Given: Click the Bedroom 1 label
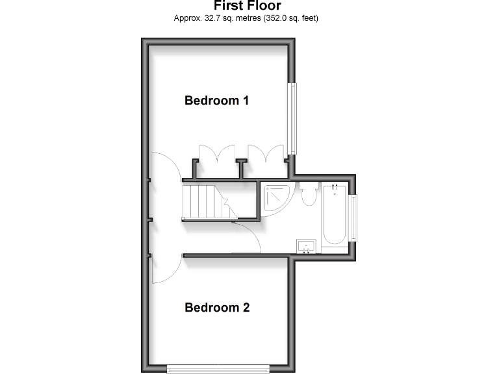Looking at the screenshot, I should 217,101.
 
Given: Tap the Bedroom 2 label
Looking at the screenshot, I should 217,308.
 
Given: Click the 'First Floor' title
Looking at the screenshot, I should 247,6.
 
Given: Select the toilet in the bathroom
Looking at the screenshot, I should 309,195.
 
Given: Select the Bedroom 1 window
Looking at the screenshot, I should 293,118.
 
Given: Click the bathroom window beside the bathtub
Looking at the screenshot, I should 354,217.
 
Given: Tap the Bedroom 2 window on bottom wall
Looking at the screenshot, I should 218,369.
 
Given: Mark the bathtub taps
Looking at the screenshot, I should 335,190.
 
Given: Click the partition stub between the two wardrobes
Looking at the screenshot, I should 242,168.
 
